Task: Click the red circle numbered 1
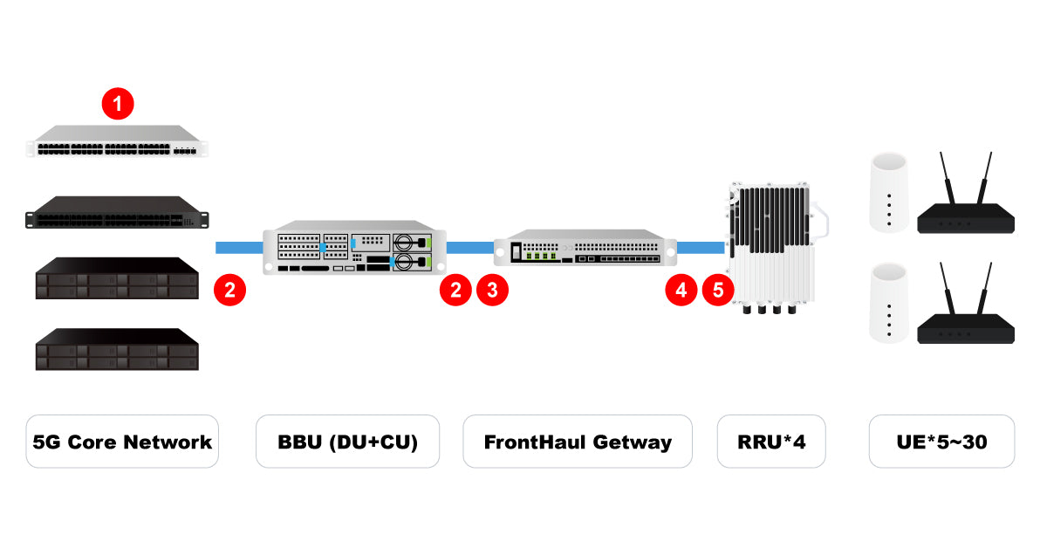point(118,105)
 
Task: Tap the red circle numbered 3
point(492,290)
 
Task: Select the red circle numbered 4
point(681,290)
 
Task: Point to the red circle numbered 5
point(718,290)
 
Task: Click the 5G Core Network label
point(122,442)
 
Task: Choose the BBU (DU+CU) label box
point(347,442)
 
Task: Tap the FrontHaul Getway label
point(578,442)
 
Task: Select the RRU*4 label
point(770,442)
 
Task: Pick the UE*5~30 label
point(941,442)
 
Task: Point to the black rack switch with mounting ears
point(118,212)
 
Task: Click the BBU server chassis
point(354,250)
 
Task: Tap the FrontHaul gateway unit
point(585,249)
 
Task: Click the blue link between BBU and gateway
point(469,248)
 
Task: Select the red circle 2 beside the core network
point(229,290)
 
